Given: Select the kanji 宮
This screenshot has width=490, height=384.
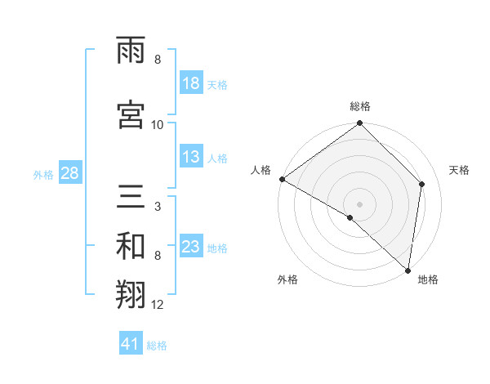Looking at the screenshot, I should click(131, 113).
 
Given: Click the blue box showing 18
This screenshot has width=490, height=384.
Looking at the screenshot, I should click(191, 83).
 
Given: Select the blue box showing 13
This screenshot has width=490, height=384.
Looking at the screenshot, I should click(191, 158).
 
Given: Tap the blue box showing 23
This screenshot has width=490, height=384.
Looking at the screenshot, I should click(191, 247).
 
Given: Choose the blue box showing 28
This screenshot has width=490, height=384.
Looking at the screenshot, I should click(69, 173).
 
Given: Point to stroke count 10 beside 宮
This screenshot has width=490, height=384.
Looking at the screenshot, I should click(158, 125).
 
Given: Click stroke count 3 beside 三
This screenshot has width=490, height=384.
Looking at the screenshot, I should click(158, 208).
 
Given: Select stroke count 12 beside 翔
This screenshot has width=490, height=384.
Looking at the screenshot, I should click(158, 306).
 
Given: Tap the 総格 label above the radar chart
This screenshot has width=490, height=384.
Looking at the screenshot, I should click(360, 106).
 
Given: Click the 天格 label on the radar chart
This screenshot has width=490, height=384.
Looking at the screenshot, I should click(459, 170).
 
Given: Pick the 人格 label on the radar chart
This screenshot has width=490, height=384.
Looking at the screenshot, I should click(261, 170).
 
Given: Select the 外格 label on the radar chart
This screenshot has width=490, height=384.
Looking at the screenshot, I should click(287, 279).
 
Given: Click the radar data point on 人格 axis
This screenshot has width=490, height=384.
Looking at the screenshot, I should click(282, 179).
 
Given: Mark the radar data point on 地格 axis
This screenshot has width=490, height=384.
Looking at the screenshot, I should click(408, 270).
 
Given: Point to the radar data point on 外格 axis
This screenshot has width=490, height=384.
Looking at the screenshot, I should click(350, 217).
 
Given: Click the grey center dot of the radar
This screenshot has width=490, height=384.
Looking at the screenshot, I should click(360, 203).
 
